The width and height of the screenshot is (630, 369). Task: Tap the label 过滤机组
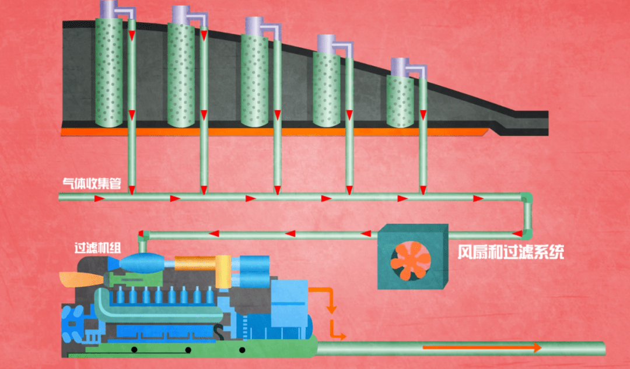tap(97, 247)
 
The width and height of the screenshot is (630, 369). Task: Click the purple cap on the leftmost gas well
tap(109, 9)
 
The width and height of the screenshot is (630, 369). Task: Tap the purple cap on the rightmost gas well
tap(401, 66)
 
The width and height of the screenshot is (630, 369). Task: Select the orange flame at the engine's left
tap(81, 279)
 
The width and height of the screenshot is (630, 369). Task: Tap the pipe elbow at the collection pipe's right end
tap(527, 199)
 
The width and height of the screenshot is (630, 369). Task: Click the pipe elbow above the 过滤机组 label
tap(142, 236)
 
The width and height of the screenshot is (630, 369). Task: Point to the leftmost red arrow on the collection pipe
tap(100, 198)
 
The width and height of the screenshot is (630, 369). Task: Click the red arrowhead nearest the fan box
tap(366, 234)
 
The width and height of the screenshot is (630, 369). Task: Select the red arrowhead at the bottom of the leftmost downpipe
tap(132, 189)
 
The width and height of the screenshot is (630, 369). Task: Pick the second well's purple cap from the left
tap(182, 15)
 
